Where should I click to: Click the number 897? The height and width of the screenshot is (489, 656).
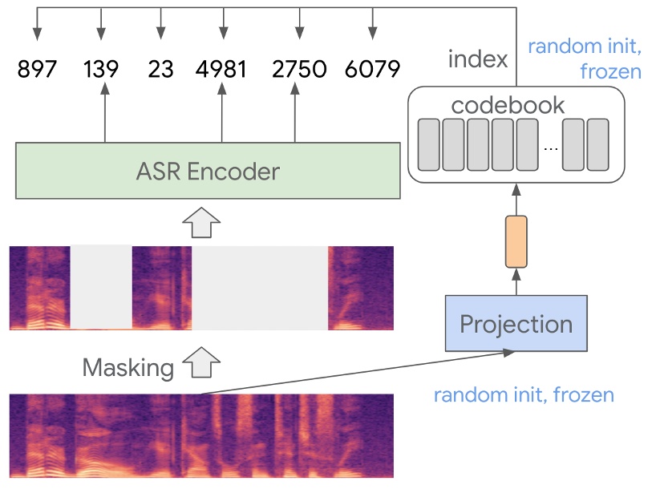click(37, 69)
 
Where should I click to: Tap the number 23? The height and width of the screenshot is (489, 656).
click(160, 69)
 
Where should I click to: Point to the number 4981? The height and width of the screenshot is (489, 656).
click(221, 69)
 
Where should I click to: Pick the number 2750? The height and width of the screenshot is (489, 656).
click(299, 69)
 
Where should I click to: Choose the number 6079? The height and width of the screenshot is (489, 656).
click(371, 69)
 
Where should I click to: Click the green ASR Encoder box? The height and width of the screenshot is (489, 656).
click(208, 171)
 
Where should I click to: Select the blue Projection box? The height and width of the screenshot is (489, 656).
click(516, 324)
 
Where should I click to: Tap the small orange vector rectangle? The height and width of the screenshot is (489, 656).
click(516, 241)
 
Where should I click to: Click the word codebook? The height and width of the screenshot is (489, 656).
click(508, 105)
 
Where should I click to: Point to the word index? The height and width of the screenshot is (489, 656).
click(478, 59)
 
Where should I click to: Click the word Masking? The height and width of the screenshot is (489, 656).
click(128, 367)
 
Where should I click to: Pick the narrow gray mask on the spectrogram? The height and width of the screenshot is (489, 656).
click(101, 287)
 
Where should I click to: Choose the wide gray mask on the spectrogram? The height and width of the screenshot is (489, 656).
click(261, 288)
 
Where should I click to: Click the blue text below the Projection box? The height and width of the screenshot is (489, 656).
click(524, 395)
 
